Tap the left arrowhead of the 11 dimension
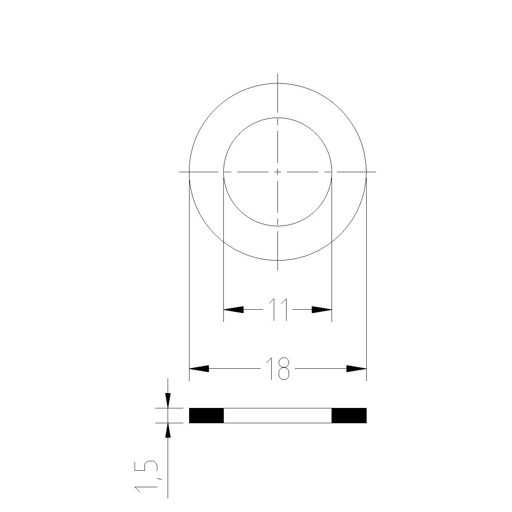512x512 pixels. (234, 310)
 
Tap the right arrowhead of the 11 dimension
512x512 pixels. (322, 310)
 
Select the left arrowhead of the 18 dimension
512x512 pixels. (199, 369)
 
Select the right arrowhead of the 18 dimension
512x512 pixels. (357, 369)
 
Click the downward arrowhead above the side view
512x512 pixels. (168, 400)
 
